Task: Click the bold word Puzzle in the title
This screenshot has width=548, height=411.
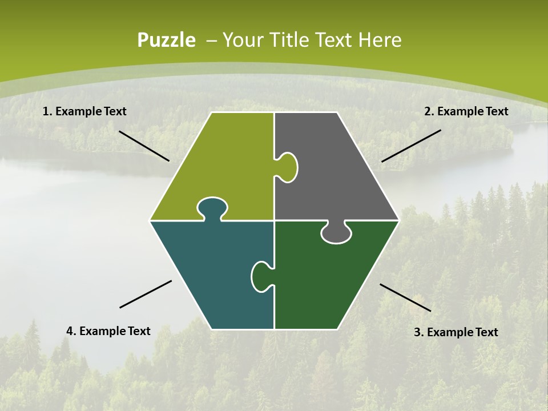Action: coord(166,41)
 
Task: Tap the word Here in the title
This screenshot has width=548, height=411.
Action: coord(380,41)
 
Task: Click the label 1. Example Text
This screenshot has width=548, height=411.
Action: coord(84,111)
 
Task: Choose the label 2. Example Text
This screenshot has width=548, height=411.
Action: coord(466,111)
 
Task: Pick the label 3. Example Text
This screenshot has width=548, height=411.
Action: coord(456,332)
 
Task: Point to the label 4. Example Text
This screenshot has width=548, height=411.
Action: coord(108,331)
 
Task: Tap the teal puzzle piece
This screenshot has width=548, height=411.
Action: coord(211,274)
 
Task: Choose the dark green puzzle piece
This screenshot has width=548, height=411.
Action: coord(325,280)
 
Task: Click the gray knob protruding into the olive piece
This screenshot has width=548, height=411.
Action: coord(288,167)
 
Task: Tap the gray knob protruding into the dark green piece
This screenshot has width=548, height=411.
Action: coord(336,233)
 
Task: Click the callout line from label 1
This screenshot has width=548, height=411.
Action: coord(144,146)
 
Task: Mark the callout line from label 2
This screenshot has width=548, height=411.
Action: coord(411,146)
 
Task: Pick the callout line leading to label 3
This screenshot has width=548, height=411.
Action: coord(405,297)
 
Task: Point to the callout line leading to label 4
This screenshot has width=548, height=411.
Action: coord(146,294)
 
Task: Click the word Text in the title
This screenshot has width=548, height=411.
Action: coord(335,41)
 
